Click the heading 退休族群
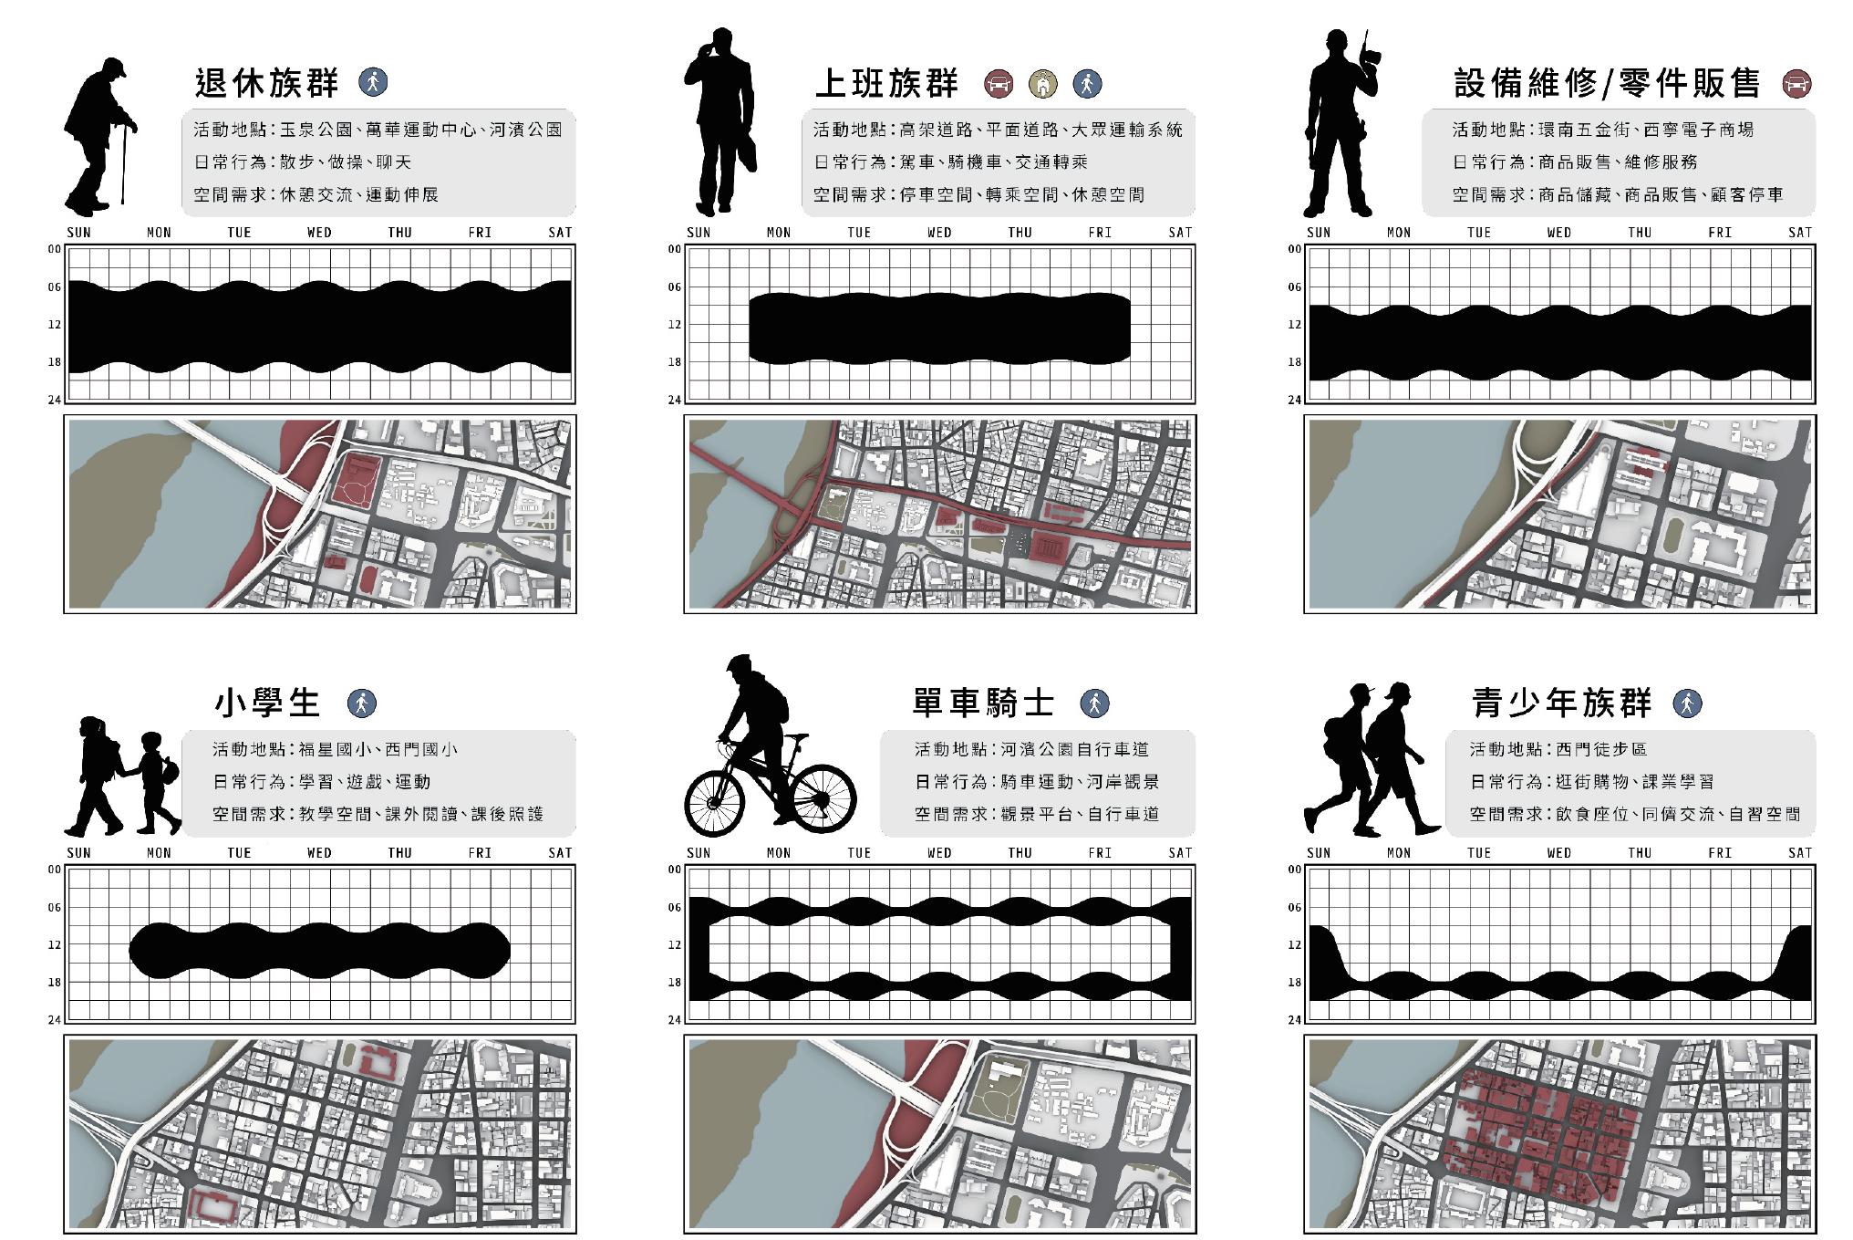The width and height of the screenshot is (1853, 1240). (x=266, y=83)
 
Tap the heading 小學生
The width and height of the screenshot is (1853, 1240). (x=267, y=703)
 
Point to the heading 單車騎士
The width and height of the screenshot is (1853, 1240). (x=983, y=703)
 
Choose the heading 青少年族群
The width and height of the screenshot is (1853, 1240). (x=1562, y=703)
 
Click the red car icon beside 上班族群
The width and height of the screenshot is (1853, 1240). (x=999, y=84)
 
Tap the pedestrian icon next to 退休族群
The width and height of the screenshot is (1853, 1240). (x=373, y=81)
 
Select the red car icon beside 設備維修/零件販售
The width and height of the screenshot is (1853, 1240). (x=1797, y=84)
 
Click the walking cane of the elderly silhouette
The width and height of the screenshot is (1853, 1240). (x=124, y=164)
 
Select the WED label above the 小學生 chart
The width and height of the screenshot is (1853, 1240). (x=319, y=853)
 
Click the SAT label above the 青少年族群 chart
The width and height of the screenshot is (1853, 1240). (x=1800, y=853)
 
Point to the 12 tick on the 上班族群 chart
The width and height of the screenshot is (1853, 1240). (x=675, y=325)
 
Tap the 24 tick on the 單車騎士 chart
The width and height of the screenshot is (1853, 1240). (x=675, y=1020)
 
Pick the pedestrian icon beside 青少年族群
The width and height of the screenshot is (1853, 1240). (x=1688, y=703)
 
